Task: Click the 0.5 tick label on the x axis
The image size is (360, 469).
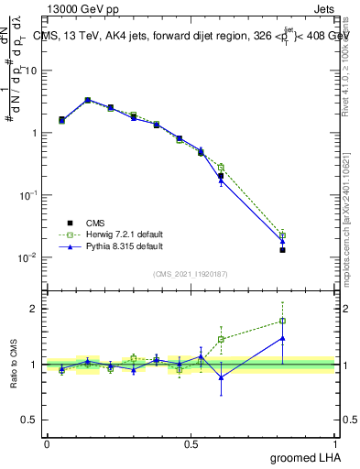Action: click(x=191, y=443)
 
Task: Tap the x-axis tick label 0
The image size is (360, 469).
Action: click(x=47, y=443)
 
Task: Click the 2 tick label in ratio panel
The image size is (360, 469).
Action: click(x=35, y=309)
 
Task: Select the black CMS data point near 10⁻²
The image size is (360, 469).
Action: click(x=283, y=249)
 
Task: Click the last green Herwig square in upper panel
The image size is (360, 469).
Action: click(x=283, y=235)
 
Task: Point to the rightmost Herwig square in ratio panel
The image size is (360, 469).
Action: click(x=283, y=321)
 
